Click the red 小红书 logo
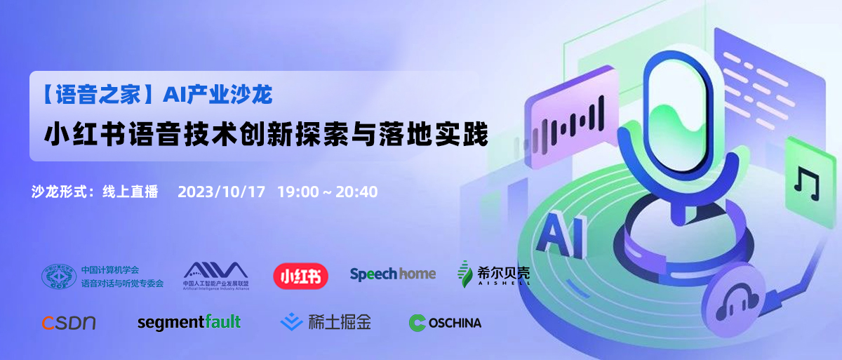(301, 274)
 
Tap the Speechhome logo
(393, 274)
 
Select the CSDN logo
(68, 323)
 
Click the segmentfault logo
(189, 322)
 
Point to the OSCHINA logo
(445, 323)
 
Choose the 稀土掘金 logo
(326, 322)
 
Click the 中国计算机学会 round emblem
(58, 276)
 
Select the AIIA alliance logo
(215, 274)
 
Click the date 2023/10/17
(222, 192)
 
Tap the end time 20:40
(356, 192)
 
